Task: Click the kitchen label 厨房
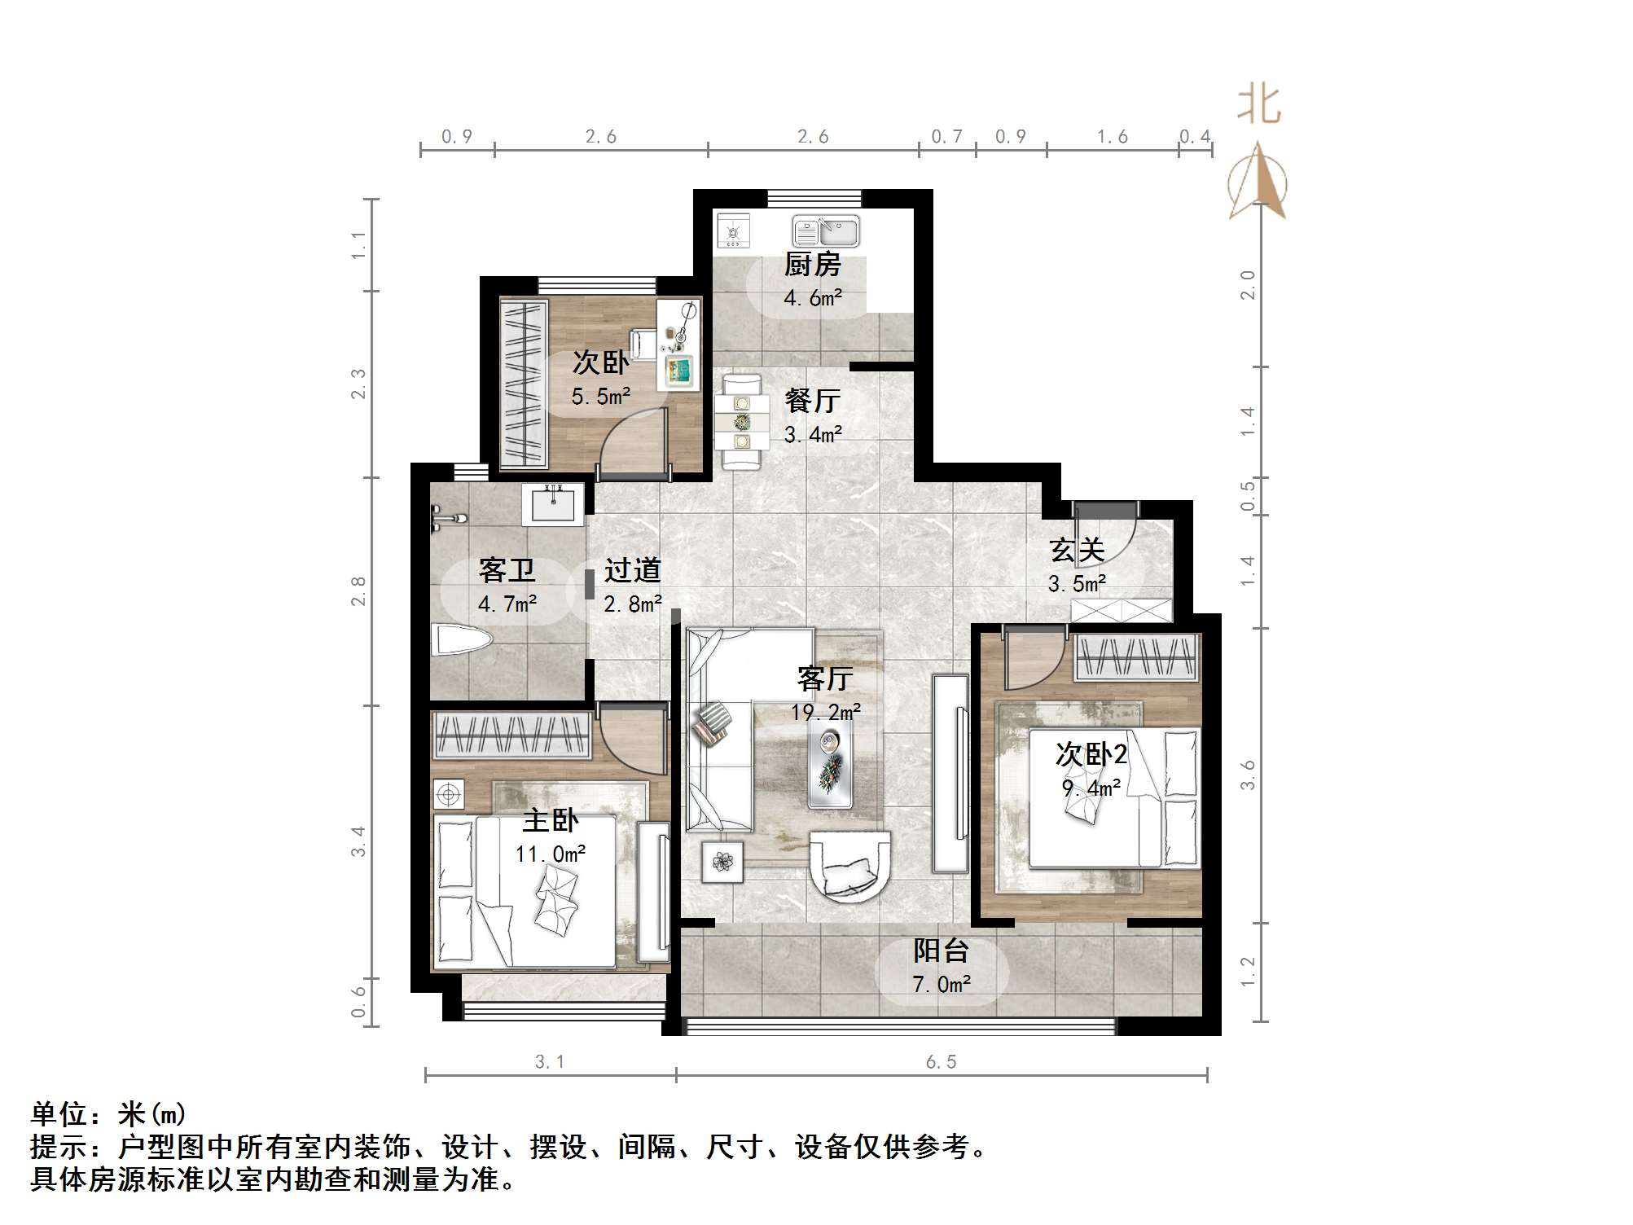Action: click(812, 265)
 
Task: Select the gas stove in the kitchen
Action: click(734, 231)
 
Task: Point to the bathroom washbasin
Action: click(558, 504)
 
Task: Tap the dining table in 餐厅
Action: click(742, 423)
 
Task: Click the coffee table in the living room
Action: click(831, 766)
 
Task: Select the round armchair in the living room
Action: click(849, 865)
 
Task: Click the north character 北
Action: click(1259, 106)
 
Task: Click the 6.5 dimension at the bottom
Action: click(941, 1062)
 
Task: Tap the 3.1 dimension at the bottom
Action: click(550, 1062)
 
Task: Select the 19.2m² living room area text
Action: click(826, 712)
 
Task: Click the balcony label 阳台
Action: click(941, 951)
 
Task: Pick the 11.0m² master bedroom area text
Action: click(551, 854)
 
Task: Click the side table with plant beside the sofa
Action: click(722, 862)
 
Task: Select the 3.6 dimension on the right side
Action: click(1248, 775)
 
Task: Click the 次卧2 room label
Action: click(1091, 754)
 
